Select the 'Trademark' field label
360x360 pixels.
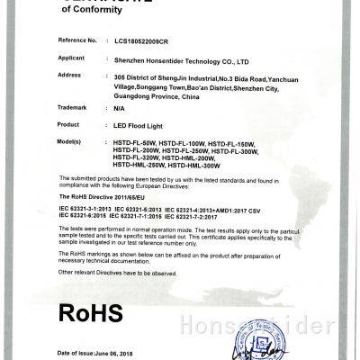(73, 107)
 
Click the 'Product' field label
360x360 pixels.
(70, 123)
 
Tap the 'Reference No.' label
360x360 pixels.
(76, 40)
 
